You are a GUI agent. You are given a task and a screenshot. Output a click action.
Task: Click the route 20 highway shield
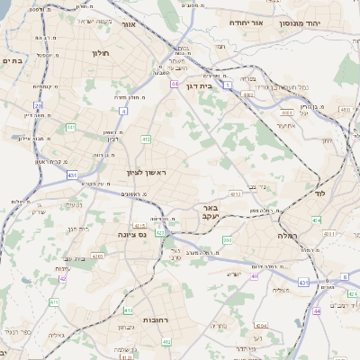coord(39,106)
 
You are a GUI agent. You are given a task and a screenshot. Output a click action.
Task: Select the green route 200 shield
coord(227,240)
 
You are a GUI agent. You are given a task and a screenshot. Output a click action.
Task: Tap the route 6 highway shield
coord(344,278)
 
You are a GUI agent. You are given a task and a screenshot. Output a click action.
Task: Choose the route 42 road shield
coord(63,279)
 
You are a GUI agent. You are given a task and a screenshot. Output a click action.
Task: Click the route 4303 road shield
coord(97,256)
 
